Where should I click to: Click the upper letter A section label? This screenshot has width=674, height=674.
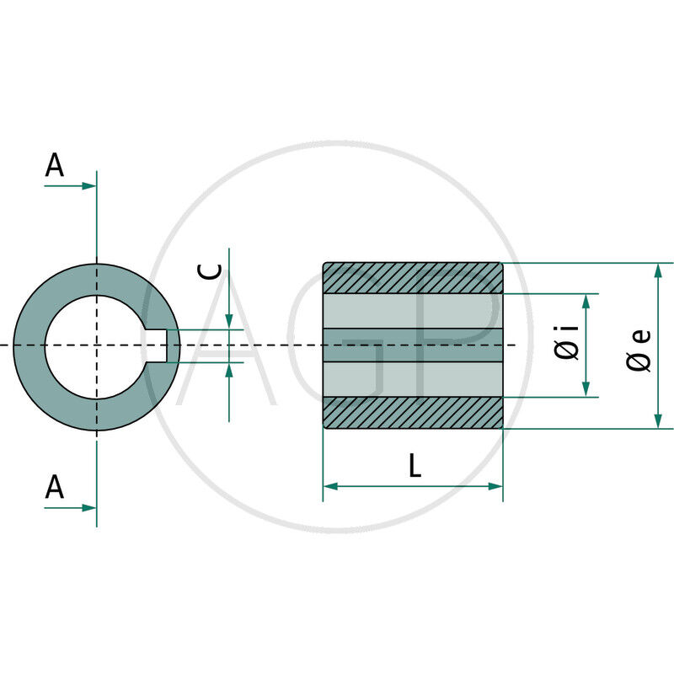tap(55, 165)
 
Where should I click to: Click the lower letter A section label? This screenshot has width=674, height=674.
tap(55, 487)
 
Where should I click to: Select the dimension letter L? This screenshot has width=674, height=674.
tap(414, 466)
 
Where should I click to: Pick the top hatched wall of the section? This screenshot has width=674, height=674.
tap(413, 278)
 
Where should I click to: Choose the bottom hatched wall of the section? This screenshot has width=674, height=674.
tap(413, 413)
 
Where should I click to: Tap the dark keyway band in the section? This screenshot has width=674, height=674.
tap(413, 345)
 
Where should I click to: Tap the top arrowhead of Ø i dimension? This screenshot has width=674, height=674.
tap(586, 300)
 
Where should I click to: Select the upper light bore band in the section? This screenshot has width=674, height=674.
tap(413, 310)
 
